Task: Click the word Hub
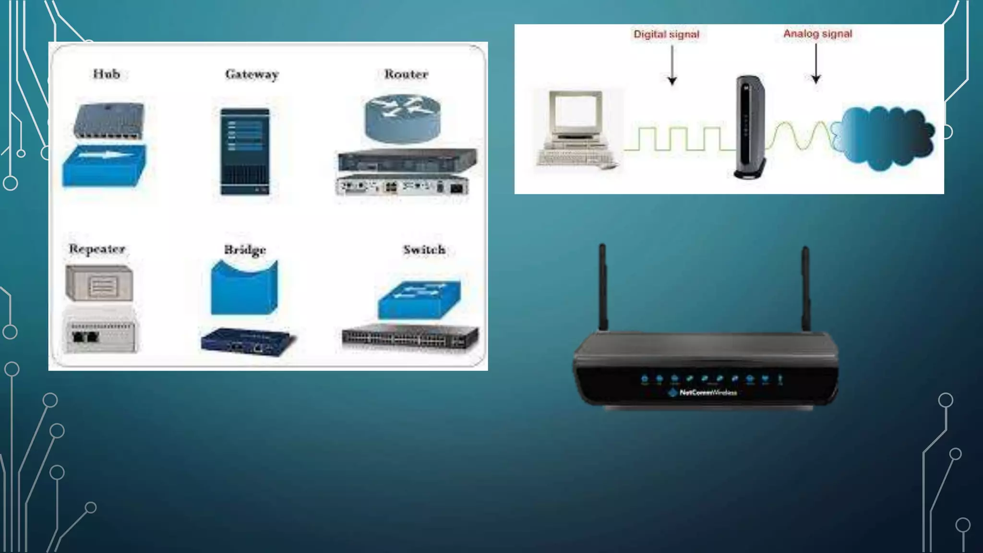(x=107, y=74)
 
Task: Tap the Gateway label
(x=252, y=74)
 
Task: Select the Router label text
(x=406, y=74)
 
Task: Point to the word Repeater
(x=97, y=249)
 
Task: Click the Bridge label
(x=245, y=250)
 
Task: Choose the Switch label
(x=424, y=250)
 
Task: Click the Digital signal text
(x=666, y=35)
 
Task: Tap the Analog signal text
(x=818, y=34)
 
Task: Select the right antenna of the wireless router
(x=806, y=288)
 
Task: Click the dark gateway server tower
(x=245, y=151)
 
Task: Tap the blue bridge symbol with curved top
(x=244, y=288)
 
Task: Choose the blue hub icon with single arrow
(x=104, y=166)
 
